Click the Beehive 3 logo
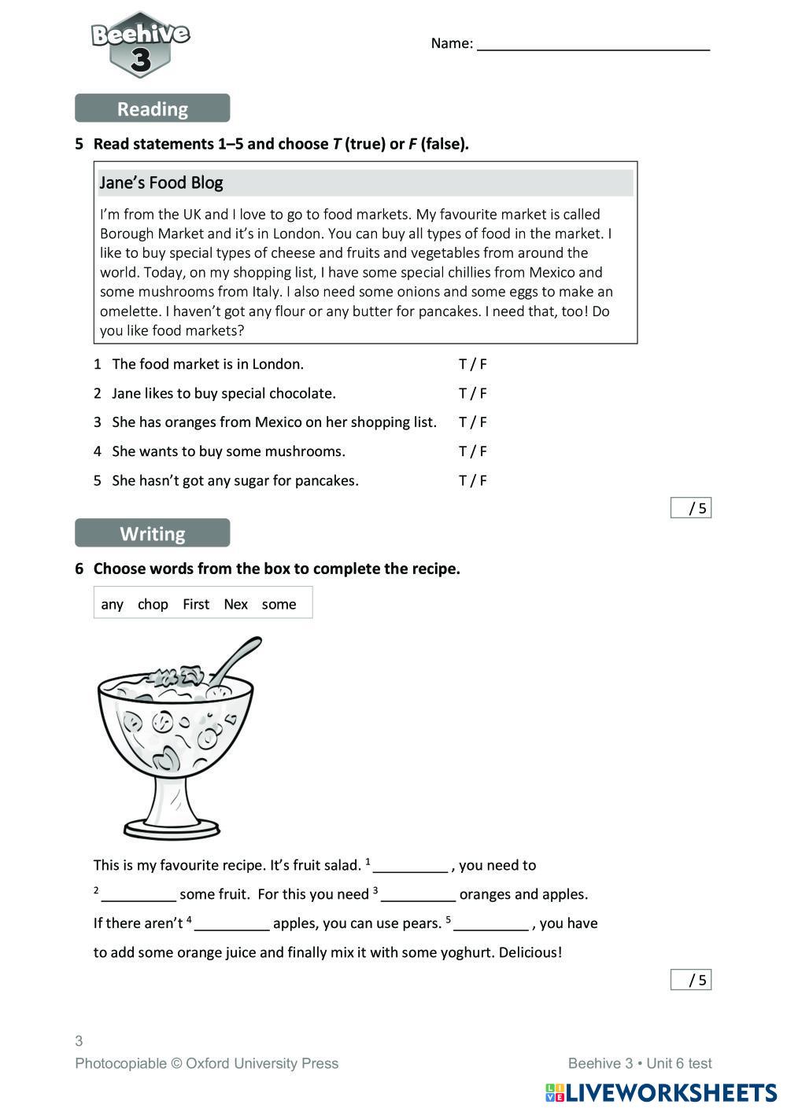click(x=140, y=45)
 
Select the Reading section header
click(x=152, y=109)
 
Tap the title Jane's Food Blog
click(x=161, y=182)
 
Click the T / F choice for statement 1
click(x=472, y=364)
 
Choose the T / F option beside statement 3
click(x=472, y=422)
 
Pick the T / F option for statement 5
click(x=472, y=481)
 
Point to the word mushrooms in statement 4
click(x=305, y=451)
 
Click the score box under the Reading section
click(x=691, y=508)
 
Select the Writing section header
click(x=152, y=533)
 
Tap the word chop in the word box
click(x=153, y=604)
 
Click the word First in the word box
click(x=196, y=604)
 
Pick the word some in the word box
click(x=279, y=604)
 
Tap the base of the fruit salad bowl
click(x=172, y=827)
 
